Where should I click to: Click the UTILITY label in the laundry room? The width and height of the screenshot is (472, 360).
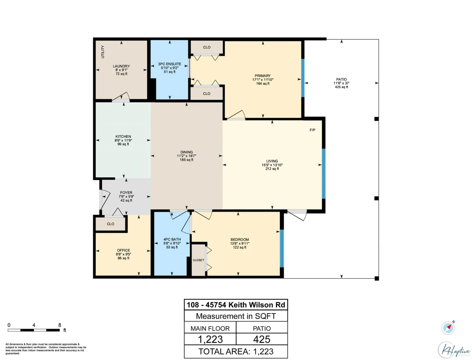click(103, 52)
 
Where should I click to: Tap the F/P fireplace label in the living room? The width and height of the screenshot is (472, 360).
click(312, 130)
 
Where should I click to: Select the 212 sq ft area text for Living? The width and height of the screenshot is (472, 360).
click(272, 169)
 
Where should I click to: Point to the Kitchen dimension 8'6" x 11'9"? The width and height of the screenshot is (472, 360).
click(123, 140)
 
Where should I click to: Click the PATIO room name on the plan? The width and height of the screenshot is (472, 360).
click(341, 79)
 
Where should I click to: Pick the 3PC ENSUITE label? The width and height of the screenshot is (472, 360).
click(170, 64)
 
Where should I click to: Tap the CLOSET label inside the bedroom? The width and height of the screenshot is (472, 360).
click(198, 260)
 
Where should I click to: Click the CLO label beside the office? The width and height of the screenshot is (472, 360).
click(111, 224)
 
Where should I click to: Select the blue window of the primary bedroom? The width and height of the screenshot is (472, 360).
click(303, 78)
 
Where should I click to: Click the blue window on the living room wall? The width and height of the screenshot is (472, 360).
click(324, 174)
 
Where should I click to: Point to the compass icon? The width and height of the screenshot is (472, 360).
click(448, 328)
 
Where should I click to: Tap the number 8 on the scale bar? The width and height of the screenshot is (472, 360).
click(59, 325)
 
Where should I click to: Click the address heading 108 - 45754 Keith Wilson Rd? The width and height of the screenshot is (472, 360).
click(236, 305)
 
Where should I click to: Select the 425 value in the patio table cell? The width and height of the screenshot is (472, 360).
click(262, 340)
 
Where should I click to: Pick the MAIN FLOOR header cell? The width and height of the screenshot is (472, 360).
click(210, 329)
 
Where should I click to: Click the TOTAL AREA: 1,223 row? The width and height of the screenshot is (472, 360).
click(236, 351)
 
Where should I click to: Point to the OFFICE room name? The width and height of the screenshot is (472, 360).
click(124, 250)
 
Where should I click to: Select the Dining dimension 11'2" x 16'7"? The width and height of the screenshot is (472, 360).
click(186, 156)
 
